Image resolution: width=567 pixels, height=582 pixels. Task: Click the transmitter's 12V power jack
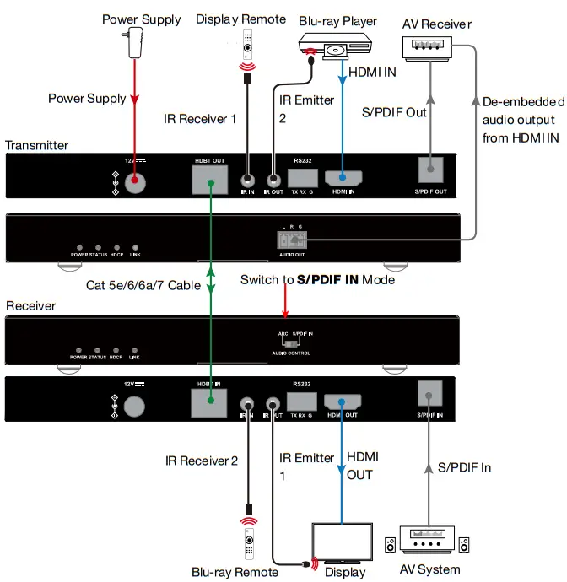pos(133,180)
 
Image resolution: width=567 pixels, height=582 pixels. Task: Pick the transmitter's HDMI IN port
pos(343,178)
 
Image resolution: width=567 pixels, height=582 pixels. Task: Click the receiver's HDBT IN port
pos(208,406)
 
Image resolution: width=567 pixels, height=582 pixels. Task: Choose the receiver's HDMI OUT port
pos(343,405)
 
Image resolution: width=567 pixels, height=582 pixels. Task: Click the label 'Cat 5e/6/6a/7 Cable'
pos(143,285)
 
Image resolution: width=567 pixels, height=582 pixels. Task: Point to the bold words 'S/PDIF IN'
pos(327,279)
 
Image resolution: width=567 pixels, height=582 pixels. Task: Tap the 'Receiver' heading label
pos(30,305)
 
